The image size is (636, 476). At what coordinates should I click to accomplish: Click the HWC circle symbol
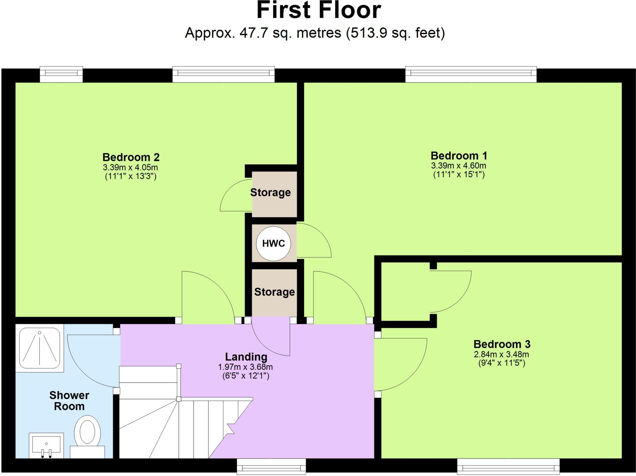tap(273, 243)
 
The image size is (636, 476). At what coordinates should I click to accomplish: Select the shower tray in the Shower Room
tap(39, 348)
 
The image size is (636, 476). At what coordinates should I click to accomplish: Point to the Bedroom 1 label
tap(459, 156)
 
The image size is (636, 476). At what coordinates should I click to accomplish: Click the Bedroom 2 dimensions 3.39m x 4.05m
tap(130, 168)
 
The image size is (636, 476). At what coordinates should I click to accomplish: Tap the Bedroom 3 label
tap(502, 344)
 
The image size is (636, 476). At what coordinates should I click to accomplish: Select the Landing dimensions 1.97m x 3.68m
tap(245, 367)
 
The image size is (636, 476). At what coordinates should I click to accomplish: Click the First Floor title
tap(319, 11)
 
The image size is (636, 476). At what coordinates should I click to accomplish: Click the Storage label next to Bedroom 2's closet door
tap(270, 193)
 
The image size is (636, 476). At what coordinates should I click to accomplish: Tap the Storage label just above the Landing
tap(275, 292)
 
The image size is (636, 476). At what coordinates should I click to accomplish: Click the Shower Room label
tap(69, 401)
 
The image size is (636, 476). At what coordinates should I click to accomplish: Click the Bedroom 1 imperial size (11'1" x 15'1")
tap(459, 175)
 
